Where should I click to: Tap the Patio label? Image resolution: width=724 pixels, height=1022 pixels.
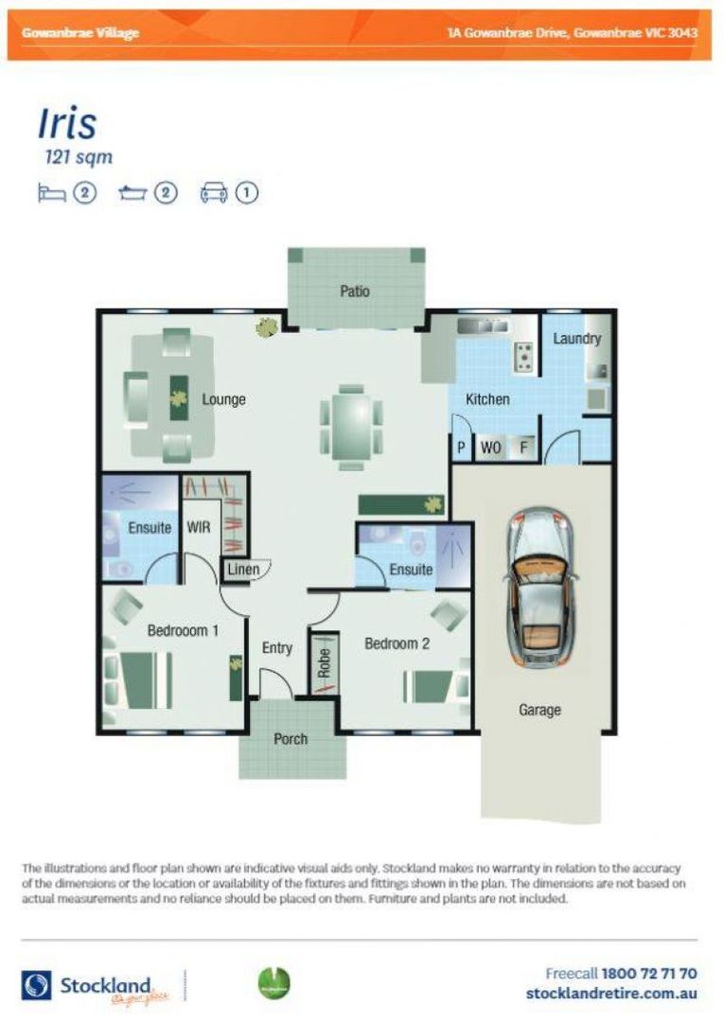pos(355,291)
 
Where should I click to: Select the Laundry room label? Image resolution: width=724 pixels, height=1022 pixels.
pos(576,338)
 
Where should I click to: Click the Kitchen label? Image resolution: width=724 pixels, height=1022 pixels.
pos(487,399)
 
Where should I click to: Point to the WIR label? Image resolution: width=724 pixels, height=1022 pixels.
pos(199,527)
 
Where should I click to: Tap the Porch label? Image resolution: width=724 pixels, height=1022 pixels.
pos(290,738)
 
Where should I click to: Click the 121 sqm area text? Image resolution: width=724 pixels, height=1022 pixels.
pos(79,157)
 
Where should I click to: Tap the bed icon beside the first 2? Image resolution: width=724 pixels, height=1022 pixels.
pos(52,193)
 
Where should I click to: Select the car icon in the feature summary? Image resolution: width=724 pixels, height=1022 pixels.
pos(214,193)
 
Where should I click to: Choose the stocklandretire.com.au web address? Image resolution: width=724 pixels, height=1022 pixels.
pos(611,994)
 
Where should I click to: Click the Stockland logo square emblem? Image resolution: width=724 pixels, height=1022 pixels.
pos(38,985)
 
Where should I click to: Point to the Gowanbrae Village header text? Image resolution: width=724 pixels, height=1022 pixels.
pos(80,33)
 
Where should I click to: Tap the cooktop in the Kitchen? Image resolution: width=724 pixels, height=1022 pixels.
pos(522,357)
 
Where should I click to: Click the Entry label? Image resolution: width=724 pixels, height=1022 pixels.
pos(276,648)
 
